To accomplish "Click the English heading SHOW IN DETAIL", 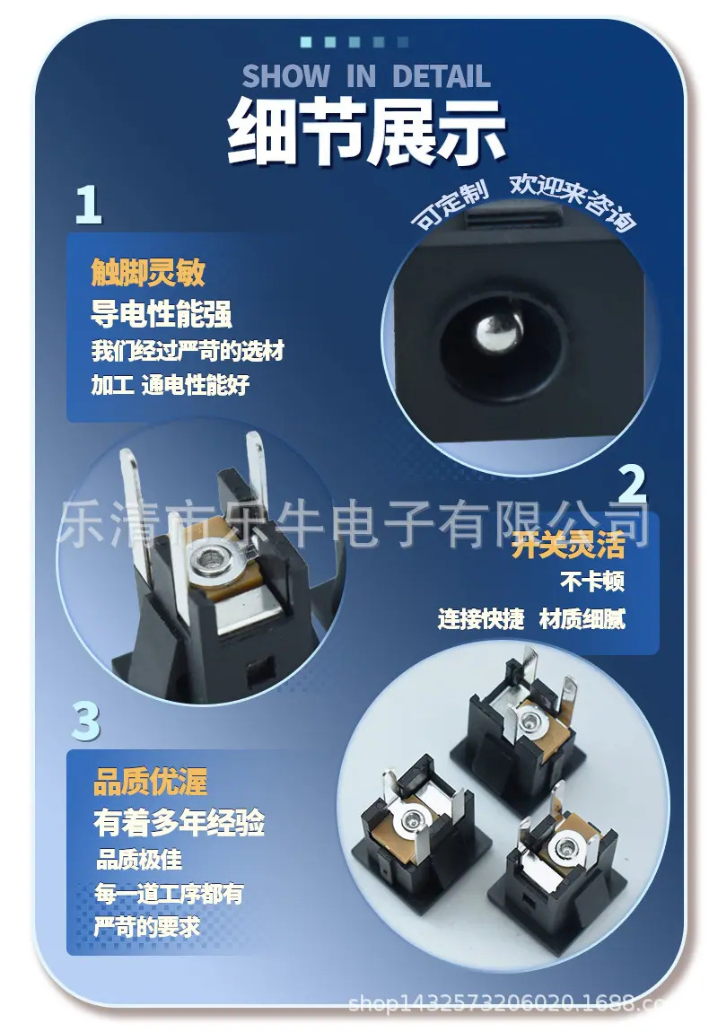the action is [366, 75].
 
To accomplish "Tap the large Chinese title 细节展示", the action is [366, 132].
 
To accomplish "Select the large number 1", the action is [89, 204].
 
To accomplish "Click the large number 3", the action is [85, 722].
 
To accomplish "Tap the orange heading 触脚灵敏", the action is [148, 271].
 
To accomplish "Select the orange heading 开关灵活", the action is [568, 545].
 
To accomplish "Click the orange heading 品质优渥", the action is [151, 782].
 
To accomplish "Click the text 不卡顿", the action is [592, 582].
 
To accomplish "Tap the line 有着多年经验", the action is [179, 823].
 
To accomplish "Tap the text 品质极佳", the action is [139, 860].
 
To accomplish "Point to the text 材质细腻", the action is [582, 618].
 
